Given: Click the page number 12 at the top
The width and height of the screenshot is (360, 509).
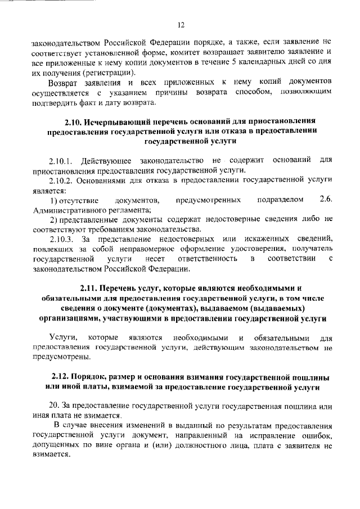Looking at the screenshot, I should point(181,25).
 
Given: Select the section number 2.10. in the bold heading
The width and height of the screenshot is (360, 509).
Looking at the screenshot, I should point(75,120).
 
